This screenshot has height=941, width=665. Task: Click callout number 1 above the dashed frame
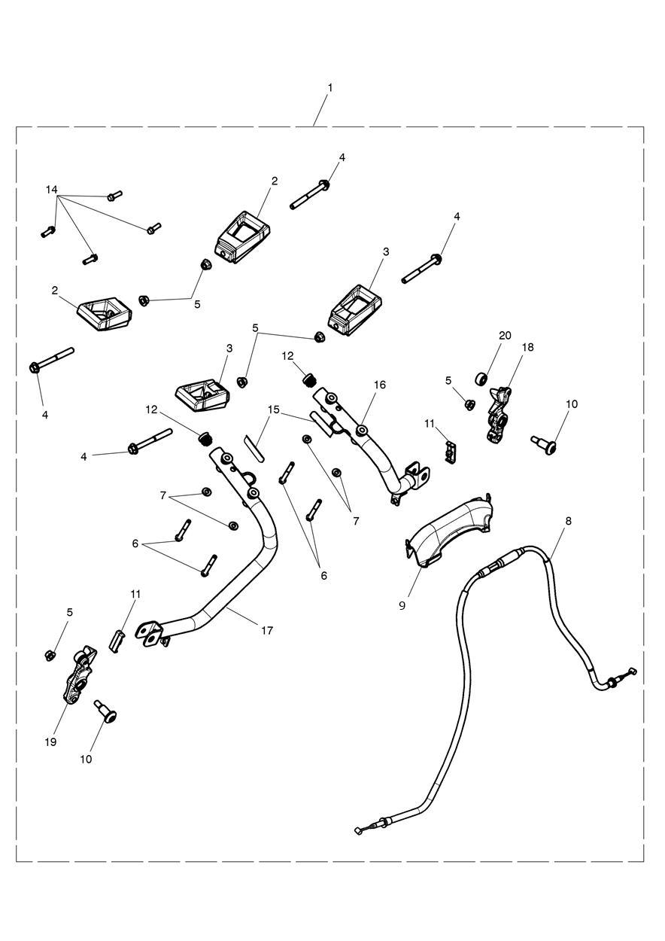329,88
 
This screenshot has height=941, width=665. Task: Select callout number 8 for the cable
568,520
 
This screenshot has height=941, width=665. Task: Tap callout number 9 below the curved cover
402,604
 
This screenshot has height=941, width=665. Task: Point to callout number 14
51,190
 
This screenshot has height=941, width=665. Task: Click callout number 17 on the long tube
267,630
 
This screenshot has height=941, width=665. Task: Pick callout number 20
504,335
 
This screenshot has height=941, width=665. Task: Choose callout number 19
50,742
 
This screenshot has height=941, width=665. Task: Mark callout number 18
527,347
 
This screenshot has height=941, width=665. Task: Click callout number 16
379,385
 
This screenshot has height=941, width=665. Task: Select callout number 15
273,410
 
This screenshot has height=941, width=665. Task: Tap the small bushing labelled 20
481,377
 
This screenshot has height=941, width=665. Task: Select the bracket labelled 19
78,676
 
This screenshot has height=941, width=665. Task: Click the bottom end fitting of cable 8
360,830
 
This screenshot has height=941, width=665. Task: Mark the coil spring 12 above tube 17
202,437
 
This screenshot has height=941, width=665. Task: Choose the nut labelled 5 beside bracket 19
49,653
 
